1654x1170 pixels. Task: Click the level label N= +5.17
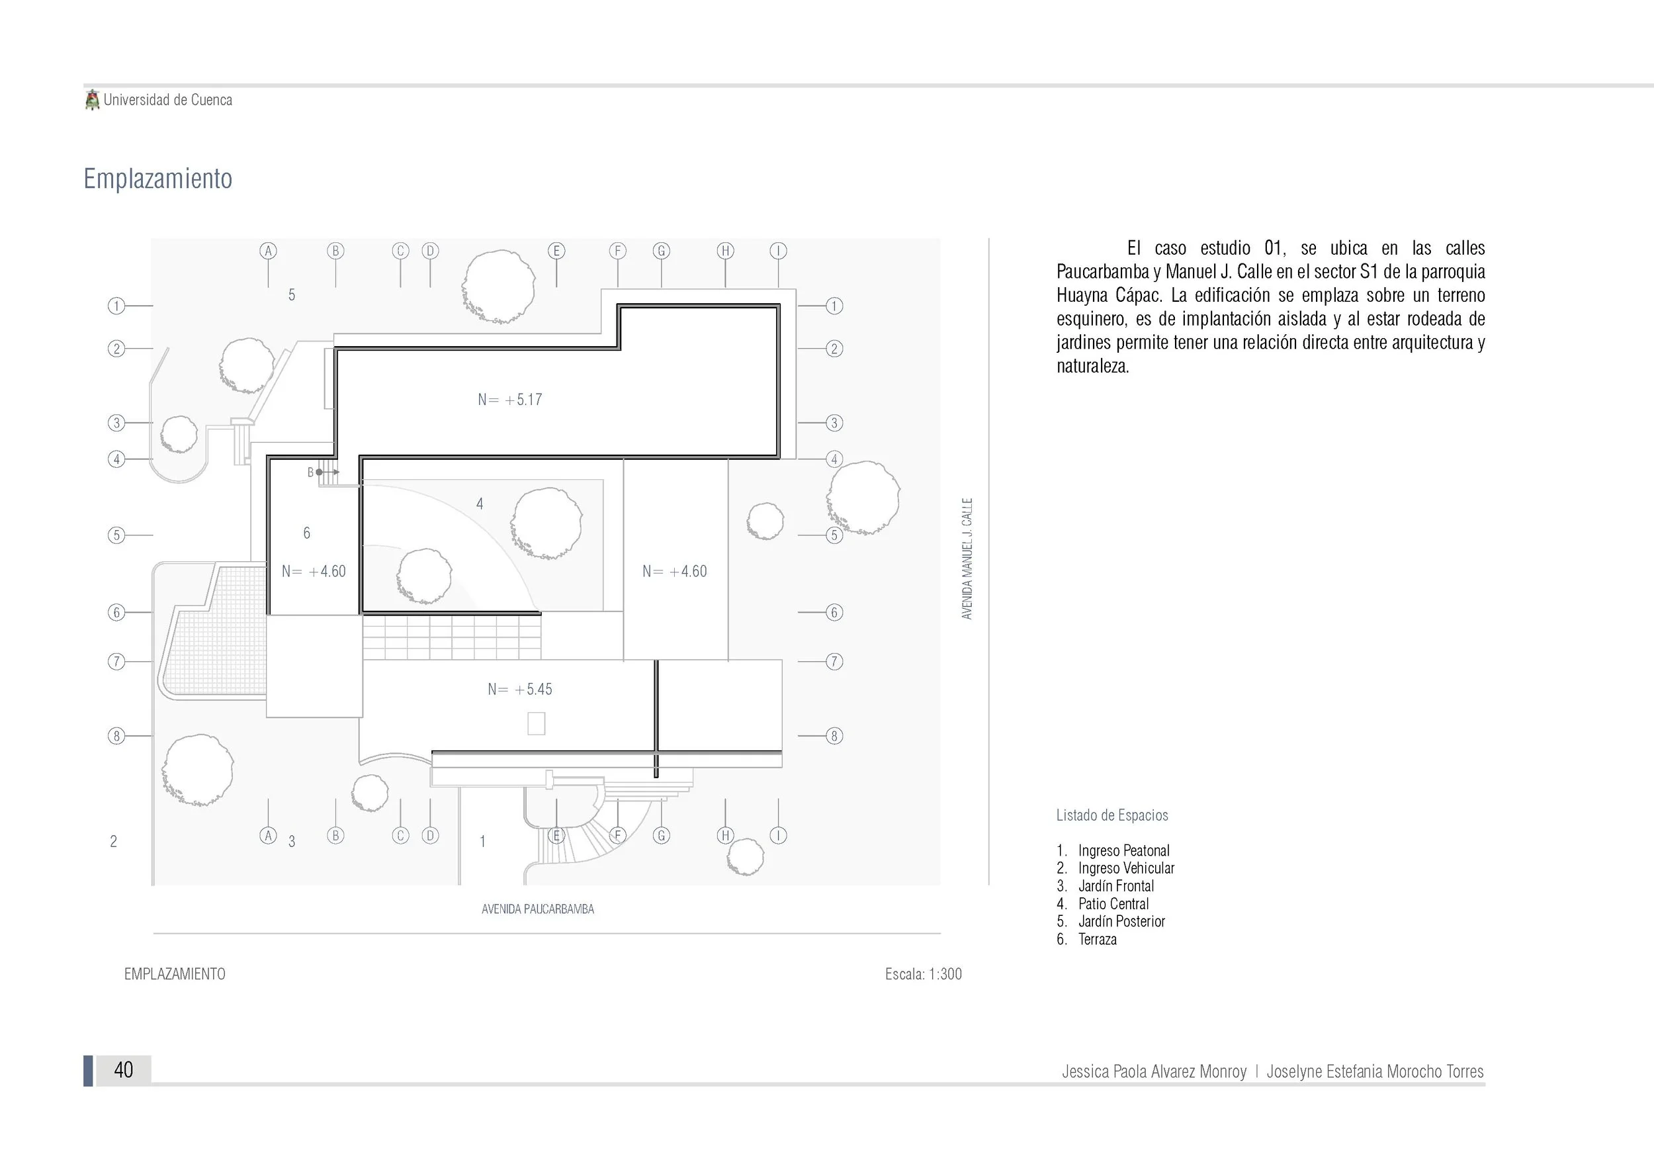coord(509,400)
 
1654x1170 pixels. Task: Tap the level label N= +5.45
coord(519,690)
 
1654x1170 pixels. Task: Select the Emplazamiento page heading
coord(157,179)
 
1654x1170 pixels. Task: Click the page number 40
coord(123,1070)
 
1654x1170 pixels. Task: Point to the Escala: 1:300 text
coord(923,974)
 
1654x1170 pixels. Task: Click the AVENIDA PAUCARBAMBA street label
coord(537,909)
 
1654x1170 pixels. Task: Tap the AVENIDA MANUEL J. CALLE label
coord(967,559)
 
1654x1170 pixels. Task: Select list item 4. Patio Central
coord(1102,903)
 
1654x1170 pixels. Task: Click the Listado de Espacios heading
coord(1111,815)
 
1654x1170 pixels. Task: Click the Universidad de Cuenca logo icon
coord(92,100)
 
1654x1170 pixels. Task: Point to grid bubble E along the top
coord(556,251)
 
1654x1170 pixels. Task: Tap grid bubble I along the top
coord(778,251)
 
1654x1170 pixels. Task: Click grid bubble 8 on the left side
coord(116,736)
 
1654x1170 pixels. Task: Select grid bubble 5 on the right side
coord(834,535)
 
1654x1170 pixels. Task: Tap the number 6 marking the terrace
coord(307,533)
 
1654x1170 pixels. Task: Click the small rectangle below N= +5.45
coord(536,723)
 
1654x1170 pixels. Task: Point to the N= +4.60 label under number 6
coord(314,571)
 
